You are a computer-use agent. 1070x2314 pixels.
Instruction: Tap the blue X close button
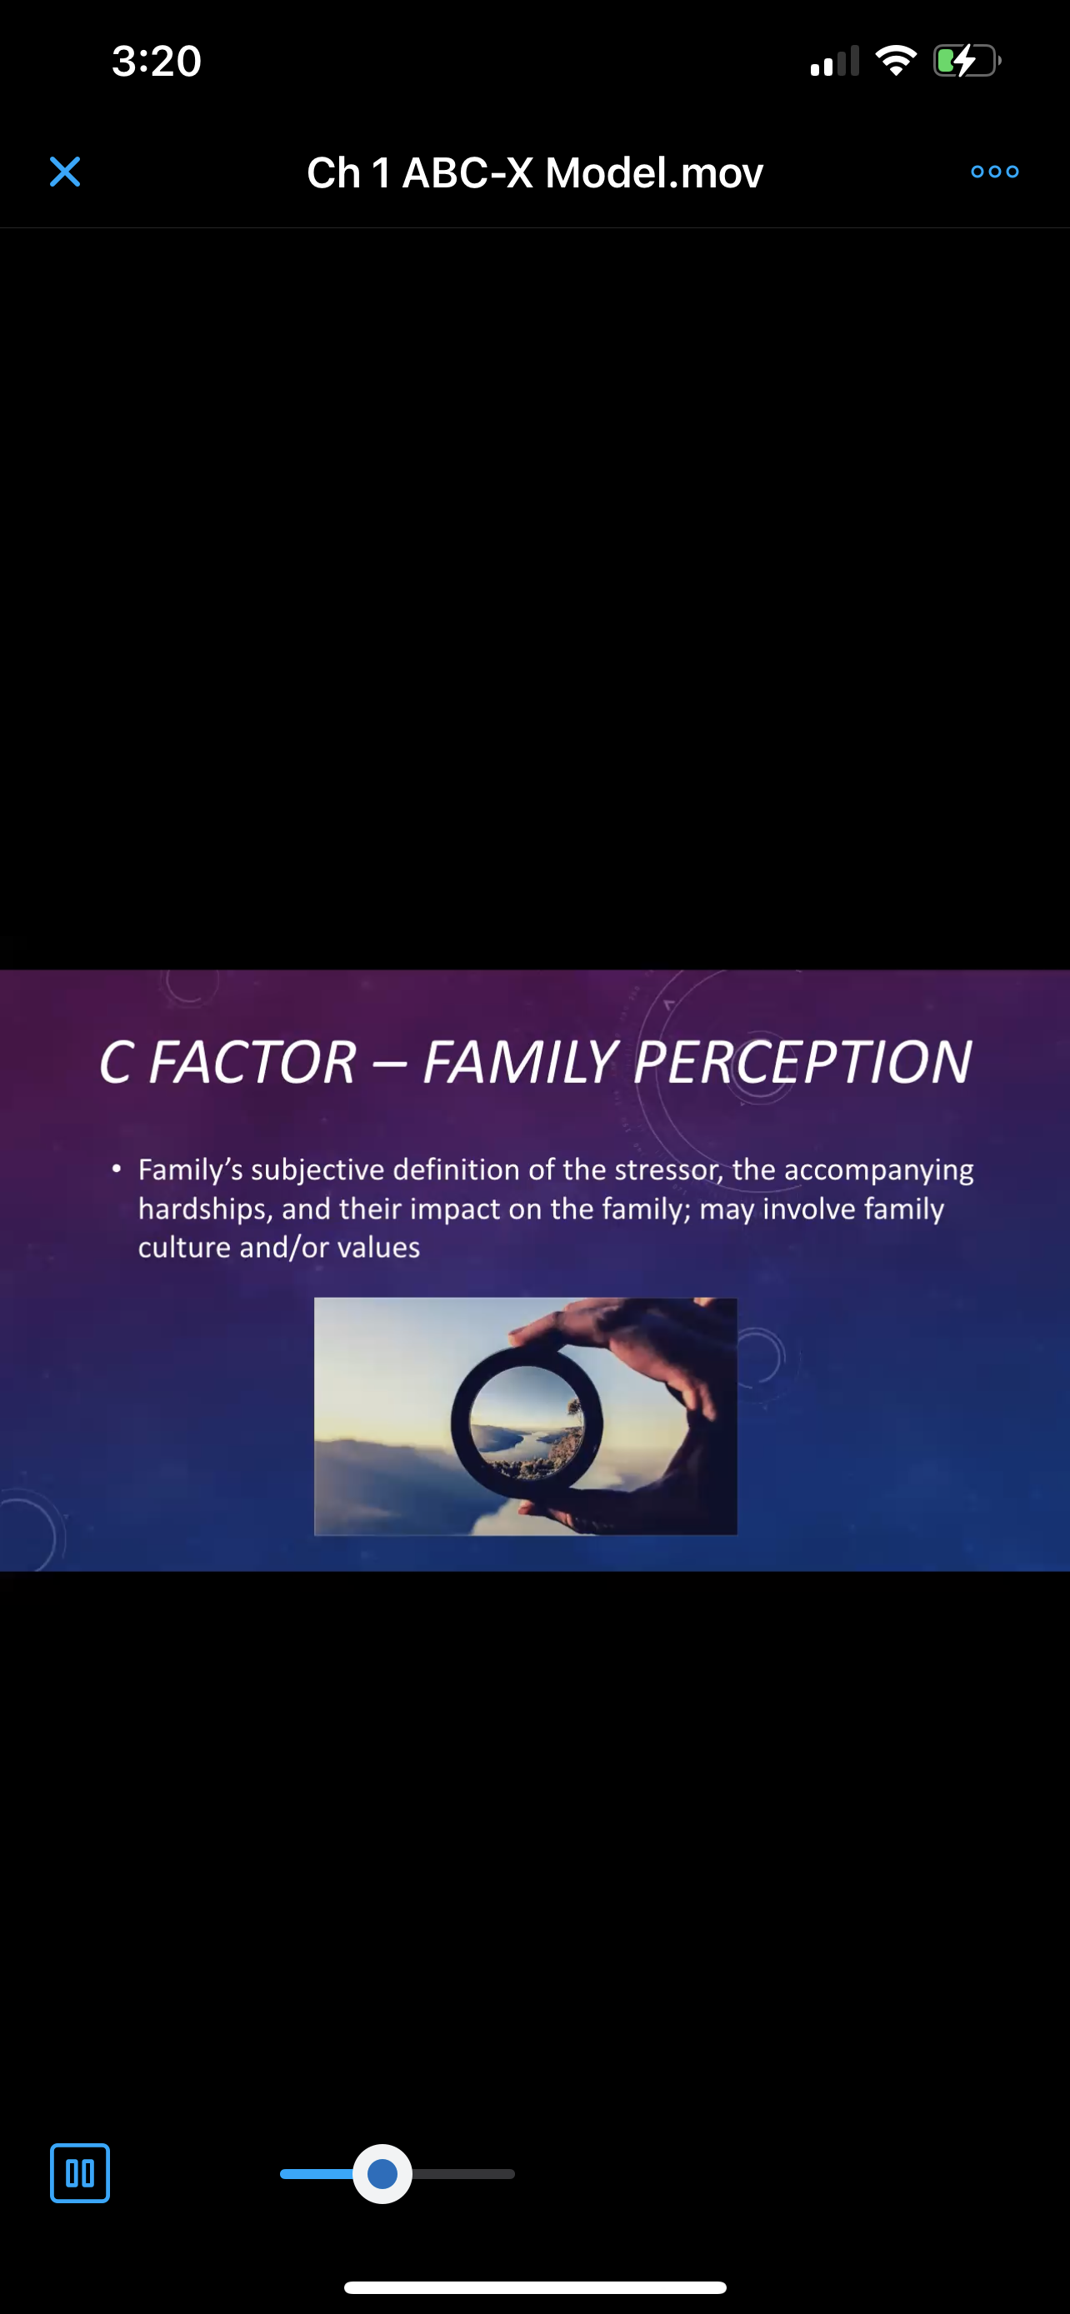[x=65, y=172]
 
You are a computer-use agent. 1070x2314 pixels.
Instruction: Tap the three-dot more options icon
[x=994, y=172]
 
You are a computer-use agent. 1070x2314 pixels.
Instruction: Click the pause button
[x=80, y=2173]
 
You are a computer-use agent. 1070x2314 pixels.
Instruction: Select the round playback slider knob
[x=382, y=2174]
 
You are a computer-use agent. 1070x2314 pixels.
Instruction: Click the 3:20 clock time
[x=157, y=61]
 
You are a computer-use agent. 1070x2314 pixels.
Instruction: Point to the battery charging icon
[x=967, y=61]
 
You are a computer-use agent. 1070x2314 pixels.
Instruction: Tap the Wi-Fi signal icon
[x=896, y=61]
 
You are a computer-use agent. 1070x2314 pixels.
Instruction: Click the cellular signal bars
[x=835, y=61]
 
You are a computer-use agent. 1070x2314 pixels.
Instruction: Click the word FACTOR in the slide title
[x=252, y=1063]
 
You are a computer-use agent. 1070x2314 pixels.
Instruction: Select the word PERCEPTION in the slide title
[x=802, y=1063]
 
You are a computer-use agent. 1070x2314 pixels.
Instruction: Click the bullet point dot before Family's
[x=116, y=1169]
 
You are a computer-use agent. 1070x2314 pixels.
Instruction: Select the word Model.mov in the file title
[x=654, y=172]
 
